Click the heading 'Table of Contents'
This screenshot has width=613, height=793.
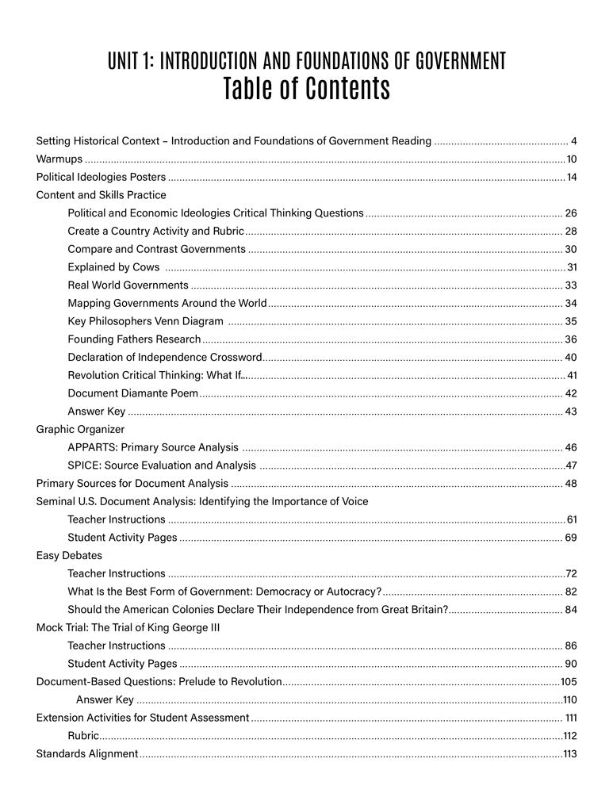pos(306,89)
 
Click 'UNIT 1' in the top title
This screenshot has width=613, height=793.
pos(130,60)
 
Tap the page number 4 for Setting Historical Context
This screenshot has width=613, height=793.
pos(573,141)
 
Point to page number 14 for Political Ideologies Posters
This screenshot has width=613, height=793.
pos(571,177)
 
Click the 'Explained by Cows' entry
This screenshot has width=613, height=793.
pos(113,267)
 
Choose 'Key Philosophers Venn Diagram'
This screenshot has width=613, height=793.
pos(145,321)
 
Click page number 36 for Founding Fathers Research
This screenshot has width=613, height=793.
pos(570,339)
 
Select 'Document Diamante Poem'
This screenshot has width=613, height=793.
pos(132,393)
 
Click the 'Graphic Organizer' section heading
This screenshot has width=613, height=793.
pos(80,429)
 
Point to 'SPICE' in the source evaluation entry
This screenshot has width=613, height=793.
pos(82,465)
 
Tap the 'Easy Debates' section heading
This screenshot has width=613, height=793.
pos(69,555)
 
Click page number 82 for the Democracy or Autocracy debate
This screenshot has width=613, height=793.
pos(570,592)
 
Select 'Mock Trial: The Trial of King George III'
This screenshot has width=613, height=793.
pos(128,627)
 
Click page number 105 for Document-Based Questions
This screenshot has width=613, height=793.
pos(569,681)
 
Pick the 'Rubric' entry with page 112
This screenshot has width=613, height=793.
pos(83,735)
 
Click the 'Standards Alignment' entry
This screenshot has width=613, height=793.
pos(87,753)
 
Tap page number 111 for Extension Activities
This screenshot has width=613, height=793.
pos(570,718)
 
